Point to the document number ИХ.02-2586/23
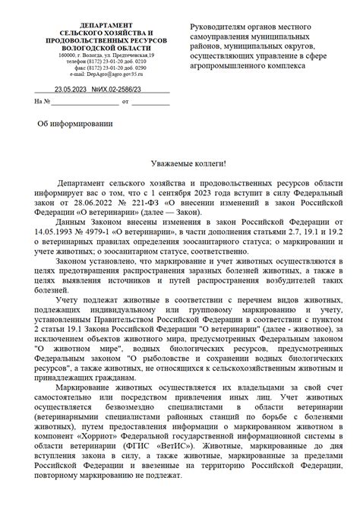(121, 90)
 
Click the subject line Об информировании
(75, 123)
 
